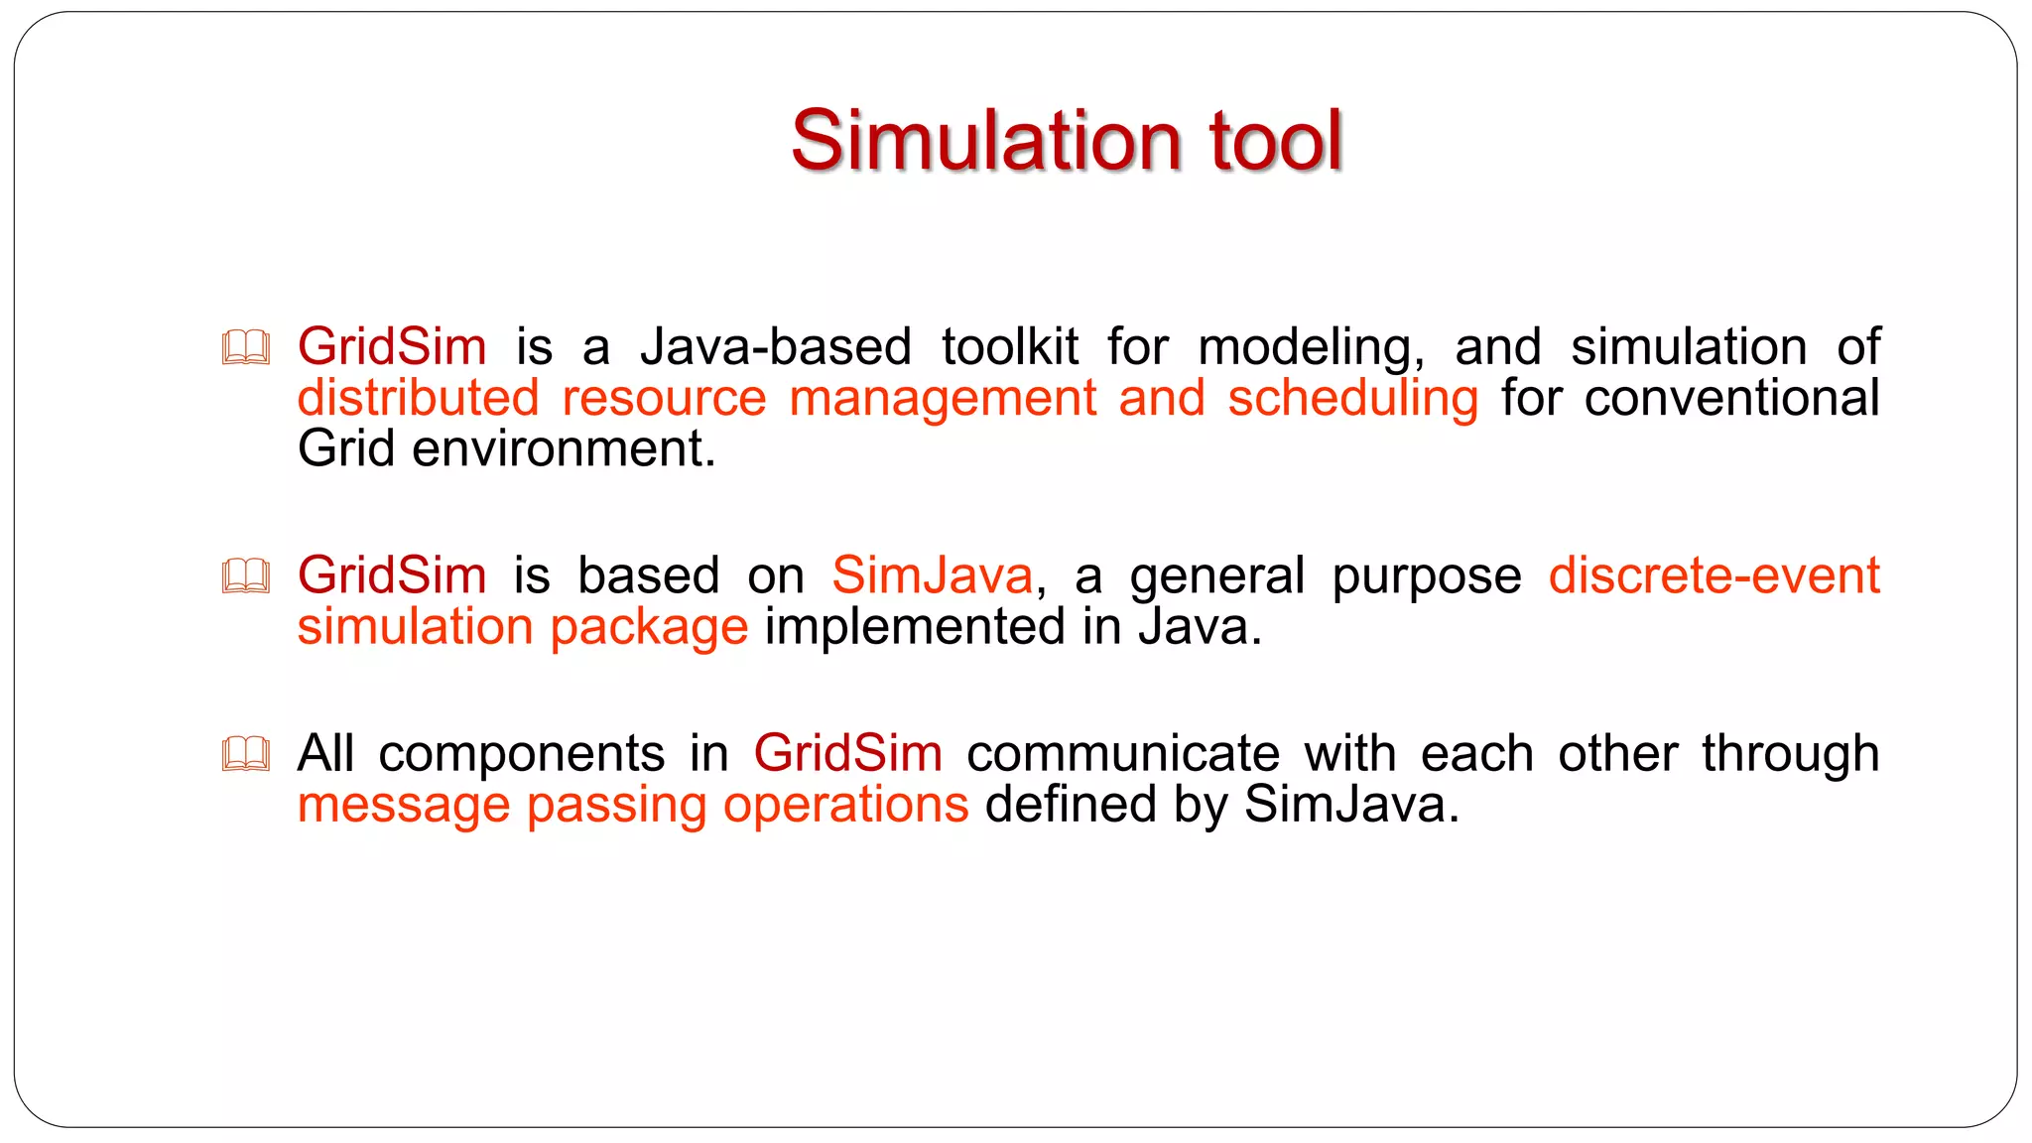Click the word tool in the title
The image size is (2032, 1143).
click(1275, 141)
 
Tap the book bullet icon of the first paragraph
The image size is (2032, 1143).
click(245, 347)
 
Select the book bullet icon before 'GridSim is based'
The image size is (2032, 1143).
click(245, 575)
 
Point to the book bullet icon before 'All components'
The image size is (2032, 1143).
click(245, 754)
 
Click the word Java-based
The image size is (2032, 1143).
click(776, 347)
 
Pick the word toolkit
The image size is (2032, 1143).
click(1010, 347)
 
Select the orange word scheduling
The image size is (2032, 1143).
click(1352, 399)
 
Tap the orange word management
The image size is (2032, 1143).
click(943, 399)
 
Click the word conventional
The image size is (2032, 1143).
click(1731, 398)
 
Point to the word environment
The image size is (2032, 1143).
click(563, 448)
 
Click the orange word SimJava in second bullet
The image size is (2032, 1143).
click(932, 575)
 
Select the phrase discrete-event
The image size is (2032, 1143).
click(1714, 575)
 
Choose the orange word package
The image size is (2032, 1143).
click(649, 628)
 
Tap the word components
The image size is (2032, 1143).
click(521, 754)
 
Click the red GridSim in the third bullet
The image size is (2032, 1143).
click(847, 753)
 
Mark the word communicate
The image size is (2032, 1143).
click(1123, 753)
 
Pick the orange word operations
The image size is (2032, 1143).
click(845, 805)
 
